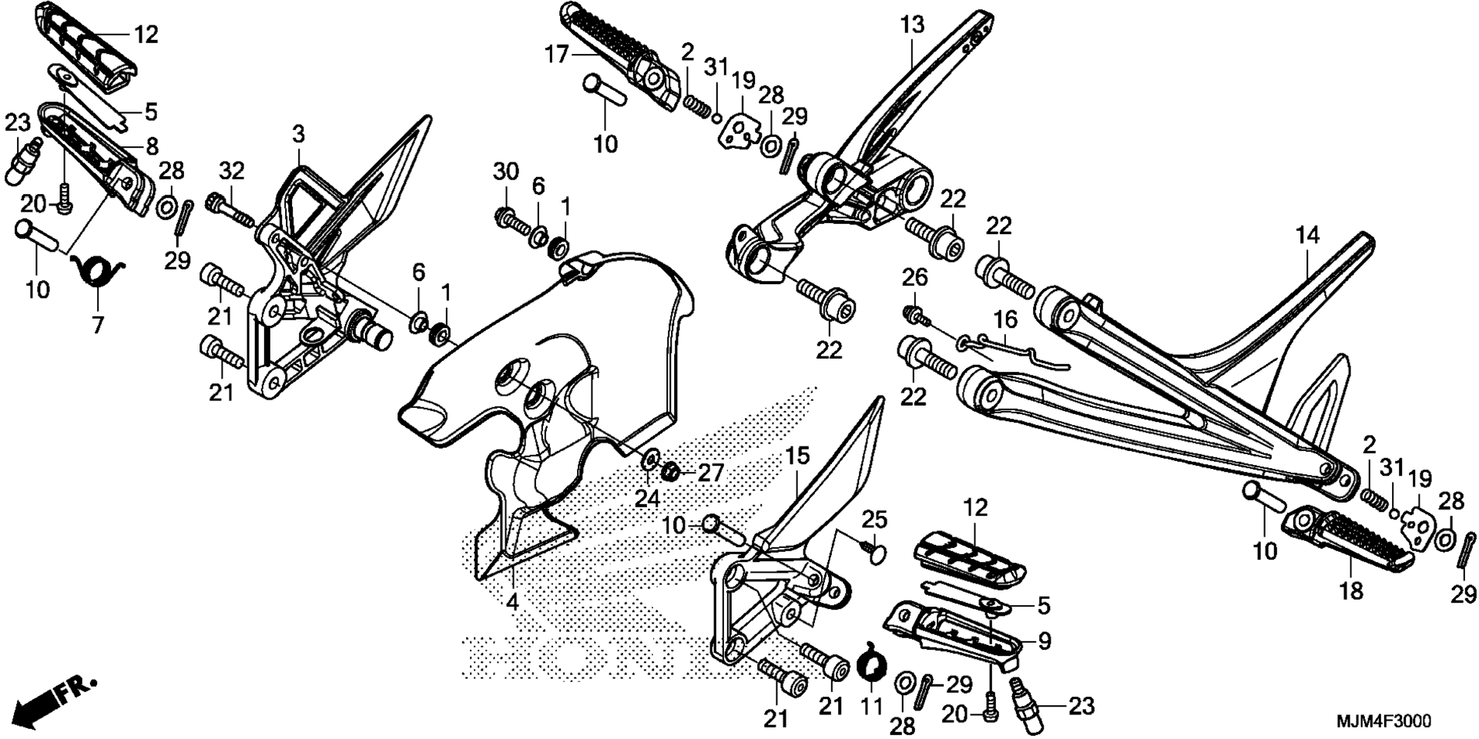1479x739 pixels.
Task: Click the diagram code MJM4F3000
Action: [x=1383, y=721]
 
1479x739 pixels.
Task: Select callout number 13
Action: [x=911, y=25]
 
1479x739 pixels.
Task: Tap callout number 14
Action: [x=1307, y=236]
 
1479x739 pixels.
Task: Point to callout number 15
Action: [x=798, y=456]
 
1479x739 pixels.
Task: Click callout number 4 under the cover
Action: [x=512, y=602]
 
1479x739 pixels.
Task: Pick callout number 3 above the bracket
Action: [x=298, y=135]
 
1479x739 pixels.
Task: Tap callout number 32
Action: [x=231, y=170]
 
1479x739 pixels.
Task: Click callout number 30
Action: [x=505, y=172]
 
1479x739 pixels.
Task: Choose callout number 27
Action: [x=711, y=471]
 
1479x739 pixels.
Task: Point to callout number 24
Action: [x=647, y=499]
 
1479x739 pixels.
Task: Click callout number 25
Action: [x=874, y=520]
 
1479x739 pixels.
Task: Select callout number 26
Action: [x=915, y=277]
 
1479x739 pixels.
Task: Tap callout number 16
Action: [x=1005, y=319]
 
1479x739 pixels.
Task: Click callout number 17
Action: [x=557, y=55]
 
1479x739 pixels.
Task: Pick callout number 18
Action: [x=1352, y=590]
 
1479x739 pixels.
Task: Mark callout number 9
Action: [x=1045, y=640]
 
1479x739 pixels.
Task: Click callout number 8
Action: [x=151, y=145]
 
